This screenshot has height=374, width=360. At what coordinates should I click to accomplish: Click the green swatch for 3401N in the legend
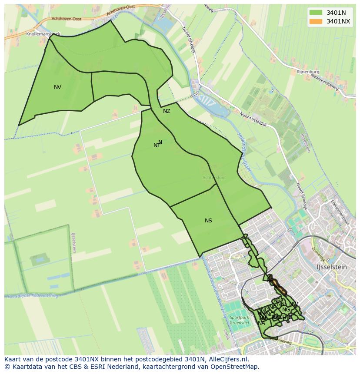click(x=316, y=12)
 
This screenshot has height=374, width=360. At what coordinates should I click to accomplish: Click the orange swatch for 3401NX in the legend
click(x=316, y=21)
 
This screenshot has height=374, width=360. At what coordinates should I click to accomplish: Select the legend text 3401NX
click(x=338, y=21)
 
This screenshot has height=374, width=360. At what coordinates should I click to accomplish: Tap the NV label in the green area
click(x=57, y=87)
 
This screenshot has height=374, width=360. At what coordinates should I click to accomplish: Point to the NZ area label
click(x=167, y=111)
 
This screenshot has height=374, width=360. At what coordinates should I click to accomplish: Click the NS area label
click(x=208, y=221)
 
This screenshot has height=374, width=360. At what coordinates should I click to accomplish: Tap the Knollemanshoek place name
click(x=43, y=33)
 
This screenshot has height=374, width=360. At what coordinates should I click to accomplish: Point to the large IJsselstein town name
click(x=332, y=267)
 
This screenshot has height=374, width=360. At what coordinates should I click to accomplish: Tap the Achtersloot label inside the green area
click(x=214, y=178)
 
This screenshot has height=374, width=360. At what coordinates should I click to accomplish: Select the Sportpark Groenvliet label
click(x=239, y=320)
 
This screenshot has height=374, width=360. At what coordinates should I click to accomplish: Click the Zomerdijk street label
click(x=319, y=252)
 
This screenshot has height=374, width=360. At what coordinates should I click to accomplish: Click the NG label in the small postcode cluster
click(x=286, y=310)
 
